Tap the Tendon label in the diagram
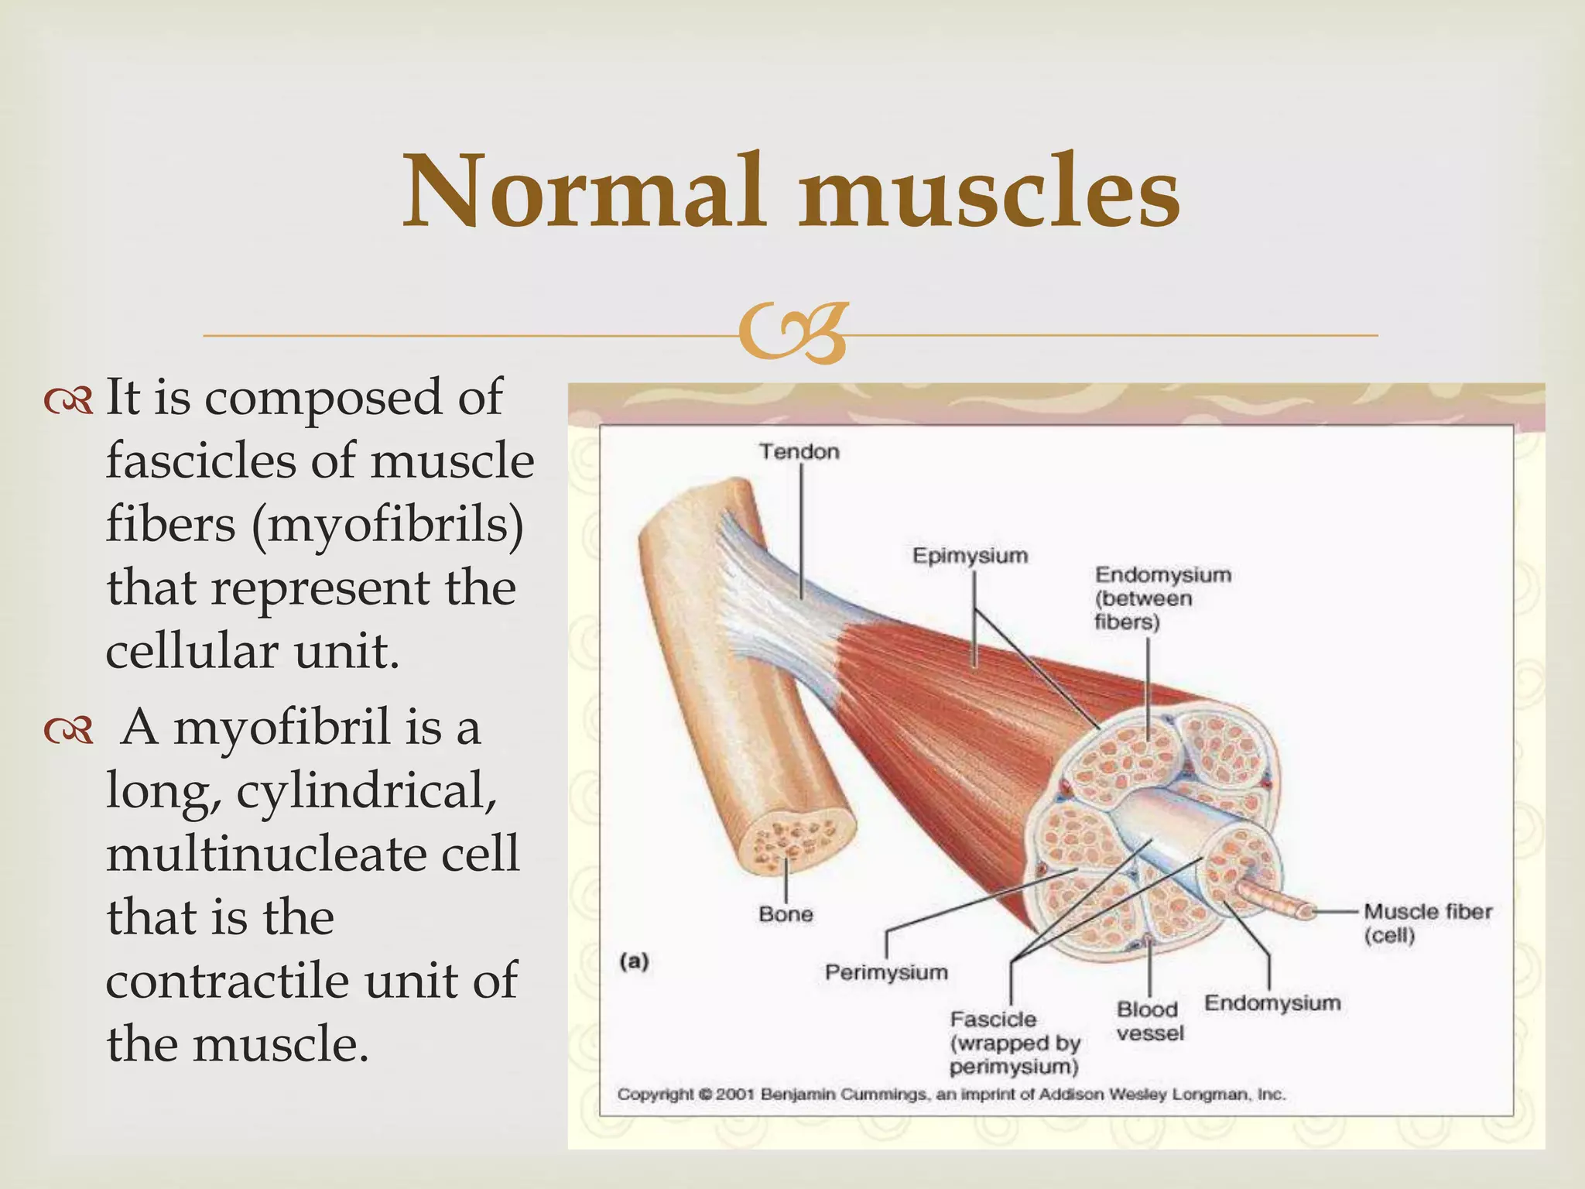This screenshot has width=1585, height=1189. coord(799,451)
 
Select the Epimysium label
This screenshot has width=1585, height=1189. coord(970,555)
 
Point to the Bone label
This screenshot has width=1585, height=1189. coord(786,914)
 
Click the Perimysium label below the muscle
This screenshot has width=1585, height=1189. coord(886,972)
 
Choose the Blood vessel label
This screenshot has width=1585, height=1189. coord(1150,1021)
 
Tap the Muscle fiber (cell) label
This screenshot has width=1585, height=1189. coord(1427,923)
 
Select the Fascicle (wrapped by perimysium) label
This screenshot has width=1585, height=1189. coord(1014,1043)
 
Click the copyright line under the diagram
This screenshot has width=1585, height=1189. coord(950,1095)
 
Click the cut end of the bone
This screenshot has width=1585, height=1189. coord(798,844)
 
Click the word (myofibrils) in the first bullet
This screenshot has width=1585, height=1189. coord(387,524)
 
